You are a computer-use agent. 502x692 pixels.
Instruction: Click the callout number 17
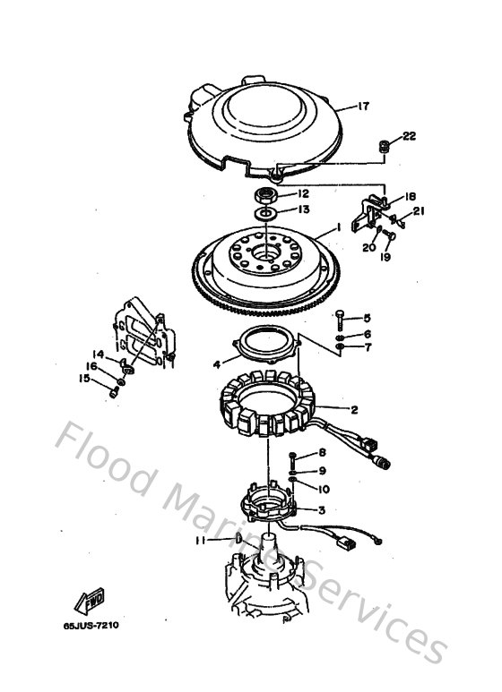point(363,106)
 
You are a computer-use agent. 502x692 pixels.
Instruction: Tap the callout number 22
point(409,136)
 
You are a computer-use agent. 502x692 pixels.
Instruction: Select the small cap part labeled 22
point(383,144)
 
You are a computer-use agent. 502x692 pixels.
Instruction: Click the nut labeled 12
point(268,194)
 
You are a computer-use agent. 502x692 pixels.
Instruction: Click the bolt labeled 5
point(342,317)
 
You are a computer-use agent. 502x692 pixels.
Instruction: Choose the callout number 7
point(367,346)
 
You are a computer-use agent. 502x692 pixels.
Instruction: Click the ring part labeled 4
point(265,345)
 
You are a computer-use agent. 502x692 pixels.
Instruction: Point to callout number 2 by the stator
point(354,409)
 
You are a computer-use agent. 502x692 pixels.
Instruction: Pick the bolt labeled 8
point(293,457)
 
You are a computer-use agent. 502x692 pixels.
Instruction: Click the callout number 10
point(324,488)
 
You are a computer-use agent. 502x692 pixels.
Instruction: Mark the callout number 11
point(202,541)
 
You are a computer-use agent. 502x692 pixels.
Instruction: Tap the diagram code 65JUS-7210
point(91,625)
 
